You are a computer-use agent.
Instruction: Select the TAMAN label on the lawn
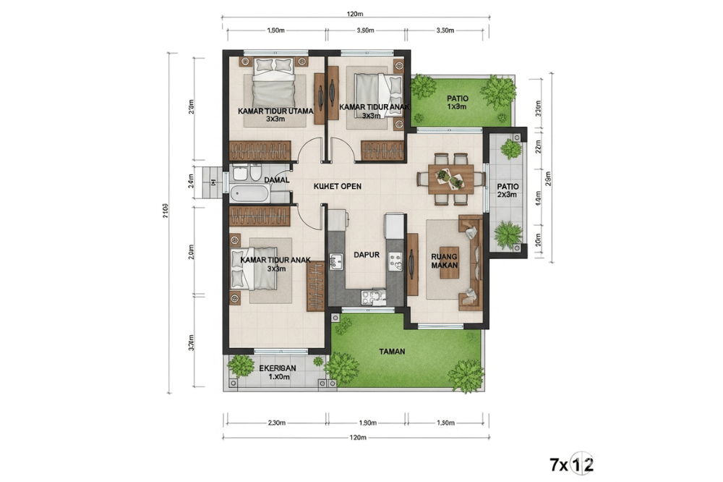coord(393,352)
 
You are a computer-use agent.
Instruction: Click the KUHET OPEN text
coord(337,186)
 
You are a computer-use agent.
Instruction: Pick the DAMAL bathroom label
coord(276,179)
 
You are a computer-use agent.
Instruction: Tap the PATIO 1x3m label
coord(457,102)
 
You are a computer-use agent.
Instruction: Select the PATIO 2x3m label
coord(508,190)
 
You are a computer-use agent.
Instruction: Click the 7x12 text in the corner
coord(571,464)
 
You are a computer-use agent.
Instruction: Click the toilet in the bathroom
coord(239,173)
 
